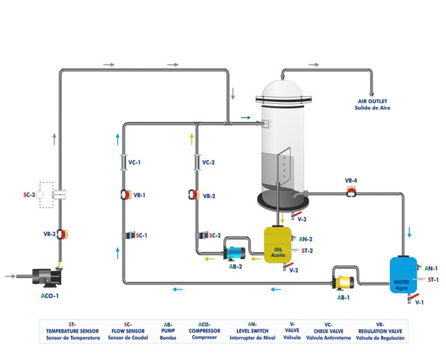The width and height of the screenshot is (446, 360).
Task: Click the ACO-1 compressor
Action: point(42,274)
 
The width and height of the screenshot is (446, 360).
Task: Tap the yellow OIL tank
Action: point(278,244)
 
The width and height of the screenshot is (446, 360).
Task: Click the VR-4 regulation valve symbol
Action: point(351,193)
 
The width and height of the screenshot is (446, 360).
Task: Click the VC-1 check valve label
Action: point(135,163)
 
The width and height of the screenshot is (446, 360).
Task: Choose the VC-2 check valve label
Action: point(208,163)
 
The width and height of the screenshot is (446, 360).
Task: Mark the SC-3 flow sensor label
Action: point(29,195)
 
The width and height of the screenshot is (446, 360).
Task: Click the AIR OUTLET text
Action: point(372,100)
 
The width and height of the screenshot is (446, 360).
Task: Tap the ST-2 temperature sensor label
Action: point(307,250)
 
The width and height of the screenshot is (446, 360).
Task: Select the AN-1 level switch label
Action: point(431,268)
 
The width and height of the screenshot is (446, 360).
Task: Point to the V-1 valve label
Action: point(419,302)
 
